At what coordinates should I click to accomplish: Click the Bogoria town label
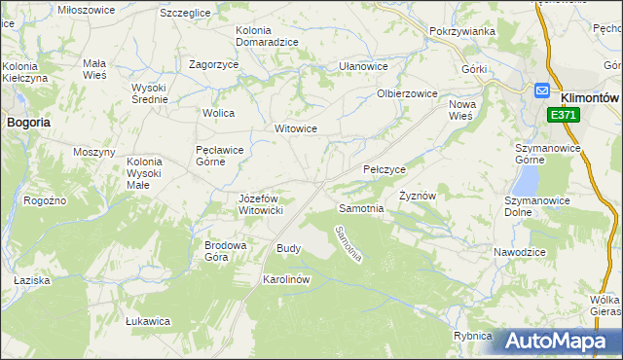pos(29,123)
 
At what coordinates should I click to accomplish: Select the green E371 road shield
pos(561,115)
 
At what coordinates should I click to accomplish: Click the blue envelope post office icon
pos(542,90)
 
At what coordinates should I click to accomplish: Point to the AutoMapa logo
pos(562,342)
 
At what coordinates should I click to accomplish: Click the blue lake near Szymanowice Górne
pos(526,178)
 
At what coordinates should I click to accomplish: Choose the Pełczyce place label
pos(385,169)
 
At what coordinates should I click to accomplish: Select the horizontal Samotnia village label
pos(361,208)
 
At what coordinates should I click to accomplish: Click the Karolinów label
pos(286,279)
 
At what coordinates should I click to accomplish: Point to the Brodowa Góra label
pos(224,251)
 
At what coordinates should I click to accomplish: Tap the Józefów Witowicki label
pos(261,203)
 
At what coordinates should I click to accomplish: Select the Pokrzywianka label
pos(461,31)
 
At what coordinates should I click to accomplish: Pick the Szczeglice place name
pos(186,13)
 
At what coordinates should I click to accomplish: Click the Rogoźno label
pos(46,199)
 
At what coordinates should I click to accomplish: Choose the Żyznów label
pos(417,196)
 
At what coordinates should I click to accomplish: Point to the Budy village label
pos(289,248)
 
